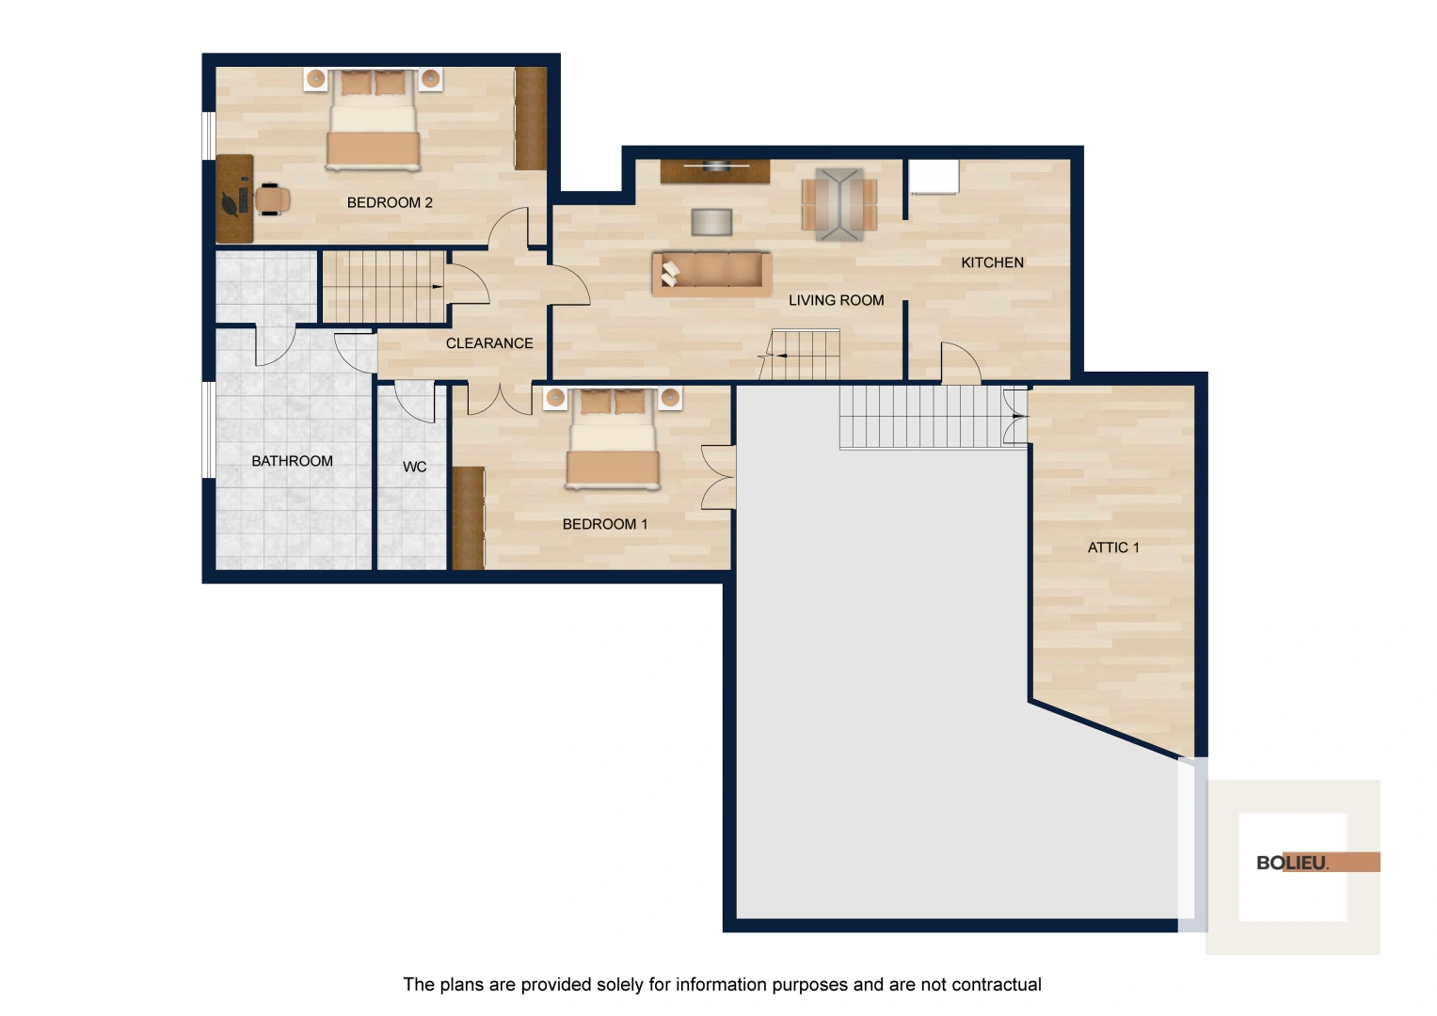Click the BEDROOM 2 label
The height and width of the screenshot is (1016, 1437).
click(x=390, y=202)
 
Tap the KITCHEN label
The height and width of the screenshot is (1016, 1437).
click(x=992, y=262)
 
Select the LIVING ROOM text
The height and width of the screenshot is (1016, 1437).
click(x=836, y=300)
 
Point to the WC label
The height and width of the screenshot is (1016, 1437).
click(x=414, y=467)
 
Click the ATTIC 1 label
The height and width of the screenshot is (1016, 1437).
click(x=1113, y=548)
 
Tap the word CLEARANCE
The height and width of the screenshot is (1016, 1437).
click(x=489, y=343)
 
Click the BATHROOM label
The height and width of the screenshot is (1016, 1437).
click(x=292, y=461)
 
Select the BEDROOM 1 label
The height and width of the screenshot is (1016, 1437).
click(x=605, y=524)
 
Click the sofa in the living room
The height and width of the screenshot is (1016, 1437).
click(x=712, y=274)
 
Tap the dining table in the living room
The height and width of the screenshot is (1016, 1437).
click(x=839, y=205)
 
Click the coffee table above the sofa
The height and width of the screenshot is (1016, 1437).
click(x=711, y=222)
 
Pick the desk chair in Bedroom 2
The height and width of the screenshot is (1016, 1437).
click(x=272, y=198)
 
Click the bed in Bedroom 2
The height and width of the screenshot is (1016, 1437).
click(x=374, y=120)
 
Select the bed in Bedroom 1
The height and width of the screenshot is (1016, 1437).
click(x=613, y=438)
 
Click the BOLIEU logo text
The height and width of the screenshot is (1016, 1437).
click(x=1292, y=863)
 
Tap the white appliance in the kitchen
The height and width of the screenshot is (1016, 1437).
click(x=934, y=177)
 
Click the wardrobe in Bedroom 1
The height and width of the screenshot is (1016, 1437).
click(x=469, y=518)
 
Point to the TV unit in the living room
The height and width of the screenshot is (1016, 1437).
click(x=715, y=171)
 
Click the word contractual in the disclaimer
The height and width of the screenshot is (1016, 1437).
click(x=997, y=985)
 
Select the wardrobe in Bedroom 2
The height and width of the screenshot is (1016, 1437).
click(x=531, y=119)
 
